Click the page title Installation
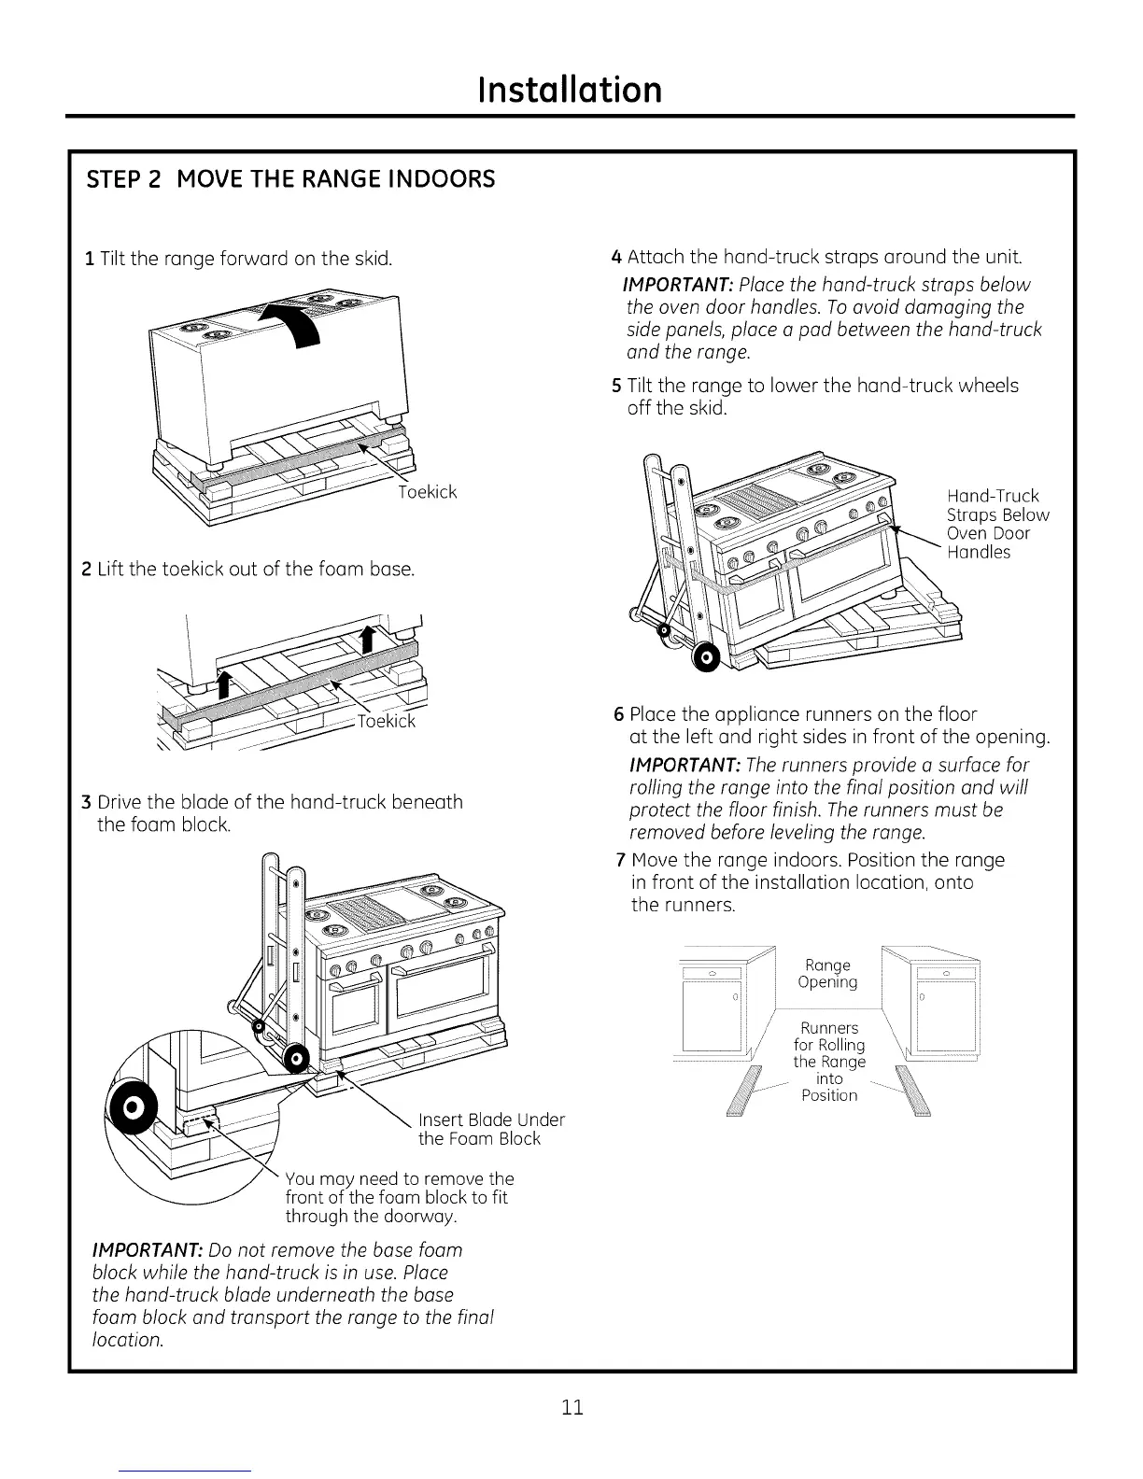pyautogui.click(x=570, y=90)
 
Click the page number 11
pyautogui.click(x=572, y=1407)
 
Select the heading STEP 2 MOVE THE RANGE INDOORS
pyautogui.click(x=290, y=178)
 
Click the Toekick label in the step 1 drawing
pyautogui.click(x=427, y=492)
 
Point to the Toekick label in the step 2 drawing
pyautogui.click(x=387, y=721)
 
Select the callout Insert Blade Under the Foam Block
pyautogui.click(x=491, y=1129)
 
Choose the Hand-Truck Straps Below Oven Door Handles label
pyautogui.click(x=996, y=524)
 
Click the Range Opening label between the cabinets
pyautogui.click(x=827, y=973)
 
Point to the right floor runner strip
pyautogui.click(x=913, y=1091)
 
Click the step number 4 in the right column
pyautogui.click(x=616, y=257)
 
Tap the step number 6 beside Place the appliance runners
pyautogui.click(x=618, y=715)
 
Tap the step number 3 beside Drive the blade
pyautogui.click(x=86, y=803)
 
